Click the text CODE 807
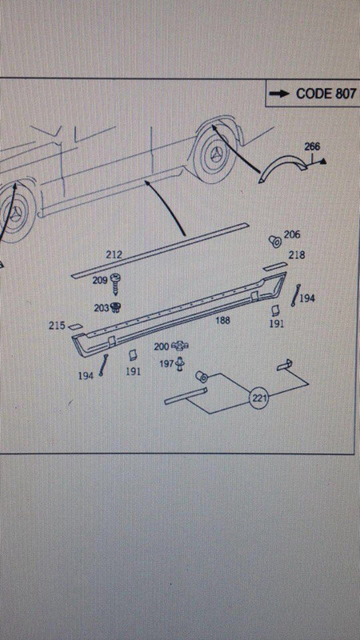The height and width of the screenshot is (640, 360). pos(326,94)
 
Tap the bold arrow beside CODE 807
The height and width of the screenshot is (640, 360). pos(279,94)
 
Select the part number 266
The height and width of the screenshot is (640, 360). pos(312,146)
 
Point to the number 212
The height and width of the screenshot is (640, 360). pos(114,254)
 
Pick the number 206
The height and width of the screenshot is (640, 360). pos(292,234)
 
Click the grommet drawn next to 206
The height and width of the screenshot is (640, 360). pos(275,241)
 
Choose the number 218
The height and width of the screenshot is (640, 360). pos(297,255)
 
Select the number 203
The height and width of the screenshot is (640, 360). pos(102,308)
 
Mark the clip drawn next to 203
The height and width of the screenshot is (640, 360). pos(115,308)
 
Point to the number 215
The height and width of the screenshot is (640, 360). pos(57,326)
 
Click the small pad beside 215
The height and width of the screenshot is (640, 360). pos(74,326)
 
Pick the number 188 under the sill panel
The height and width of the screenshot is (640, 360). pos(222,321)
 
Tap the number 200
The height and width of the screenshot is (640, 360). pos(162,346)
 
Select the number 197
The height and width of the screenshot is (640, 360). pos(166,363)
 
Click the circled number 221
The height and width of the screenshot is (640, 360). pos(258,398)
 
